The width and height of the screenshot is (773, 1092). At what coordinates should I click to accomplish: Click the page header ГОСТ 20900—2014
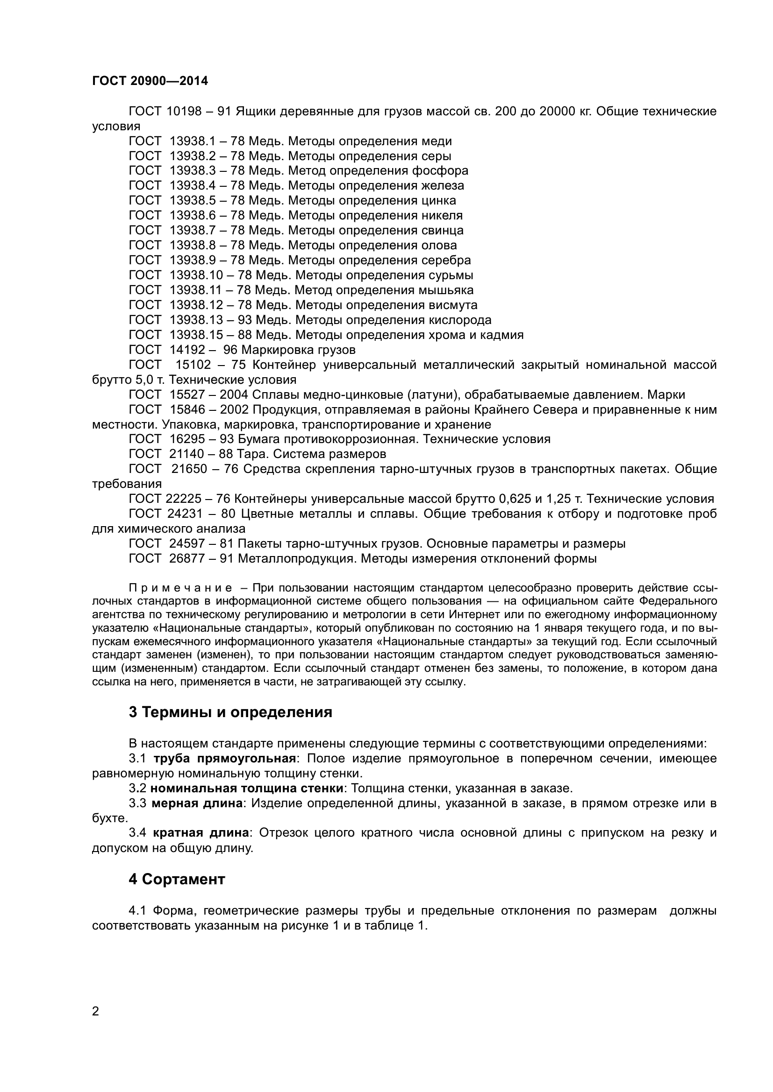150,81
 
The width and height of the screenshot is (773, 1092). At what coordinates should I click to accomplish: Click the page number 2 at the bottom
96,1024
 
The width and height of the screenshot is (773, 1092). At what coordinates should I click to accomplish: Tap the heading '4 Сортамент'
177,880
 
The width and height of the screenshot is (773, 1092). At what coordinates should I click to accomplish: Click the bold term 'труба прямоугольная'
225,759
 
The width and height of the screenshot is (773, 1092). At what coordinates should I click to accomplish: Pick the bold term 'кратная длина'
201,833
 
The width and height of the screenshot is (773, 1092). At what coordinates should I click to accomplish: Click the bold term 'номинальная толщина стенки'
247,788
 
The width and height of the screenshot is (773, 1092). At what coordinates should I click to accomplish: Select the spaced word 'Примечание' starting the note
180,588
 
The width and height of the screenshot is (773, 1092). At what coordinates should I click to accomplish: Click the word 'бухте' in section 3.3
109,818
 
